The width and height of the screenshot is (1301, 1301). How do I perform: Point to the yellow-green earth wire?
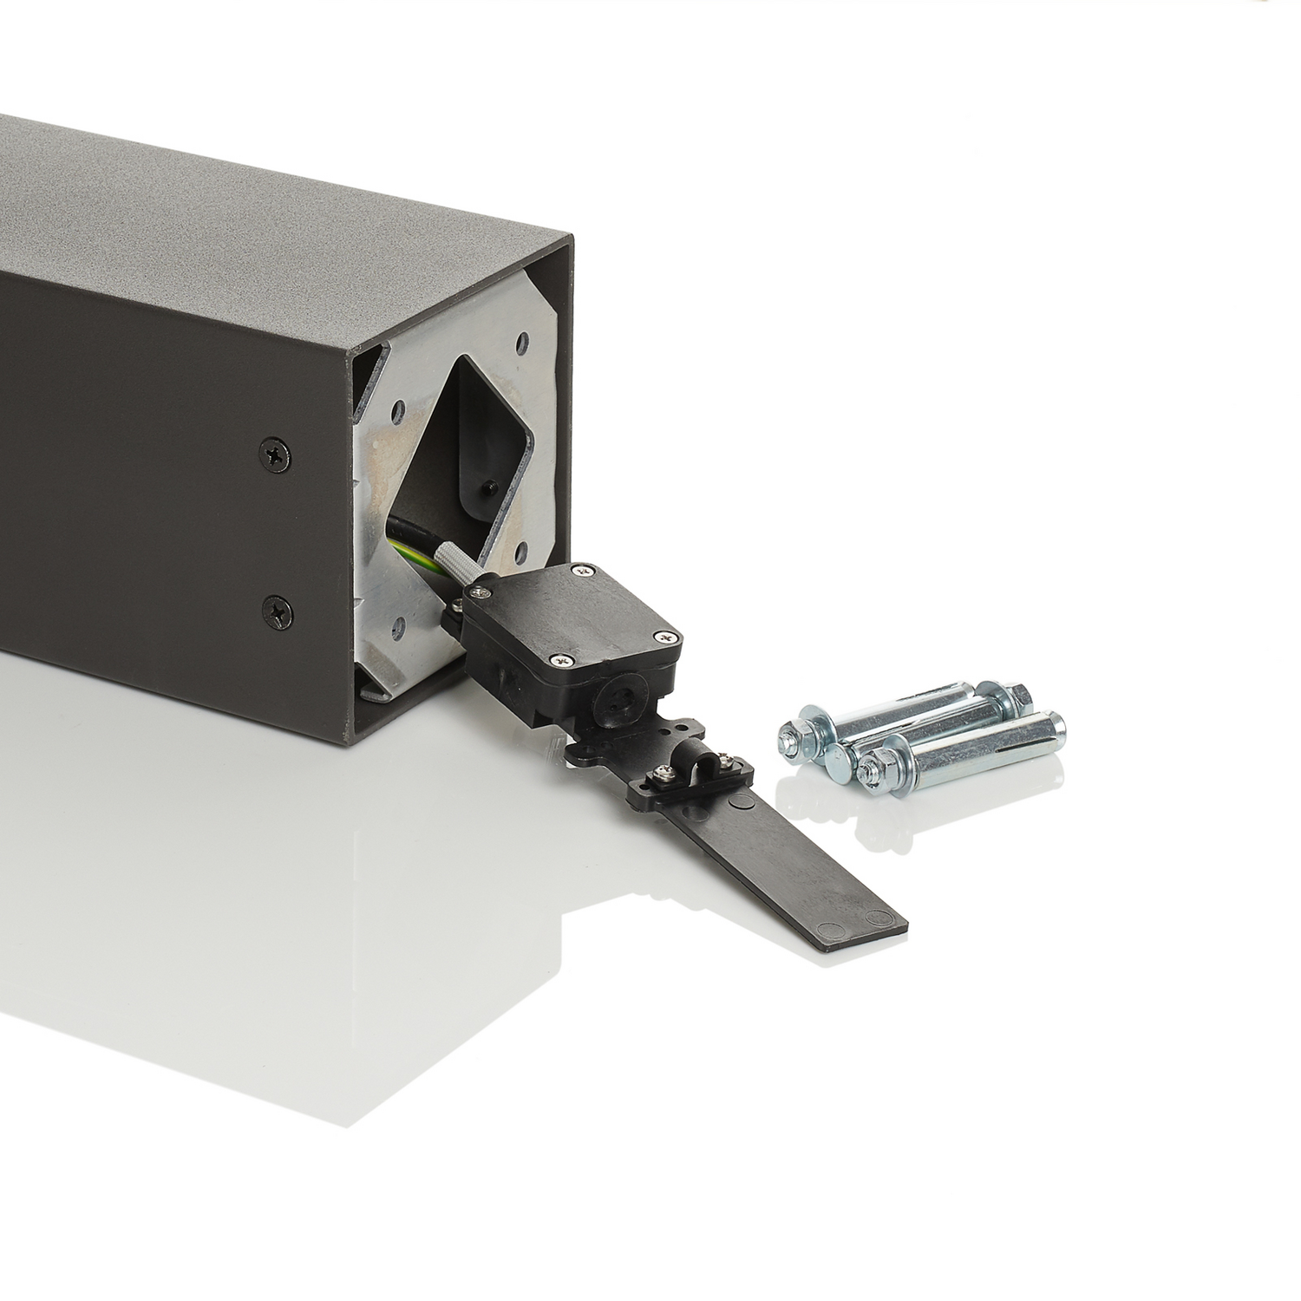click(x=406, y=548)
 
